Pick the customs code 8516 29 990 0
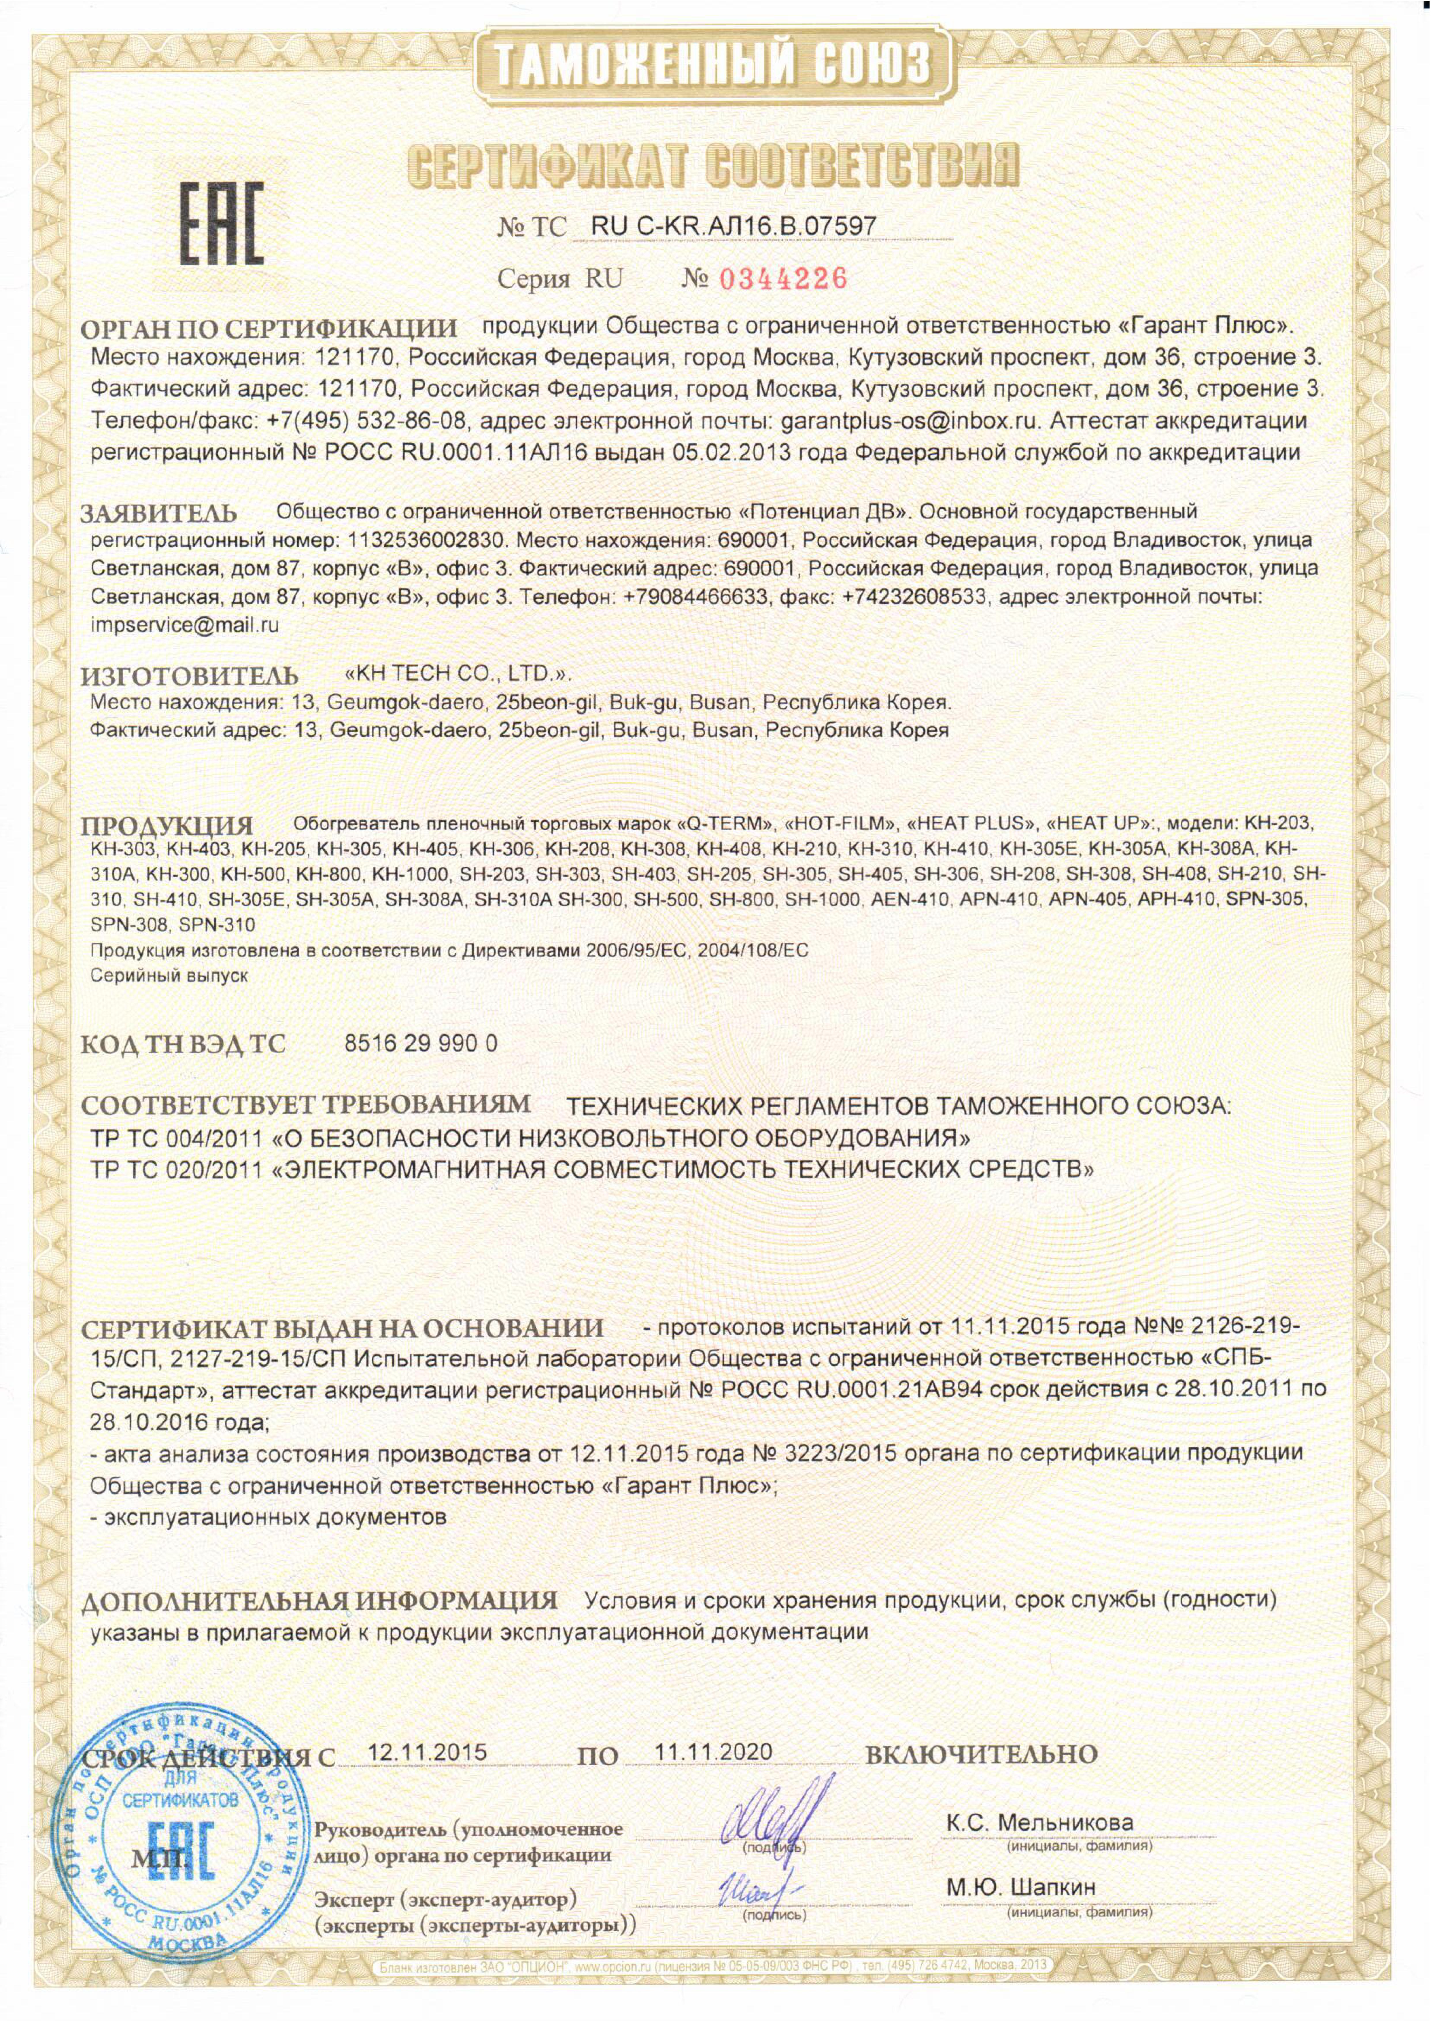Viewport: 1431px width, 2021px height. (419, 1043)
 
